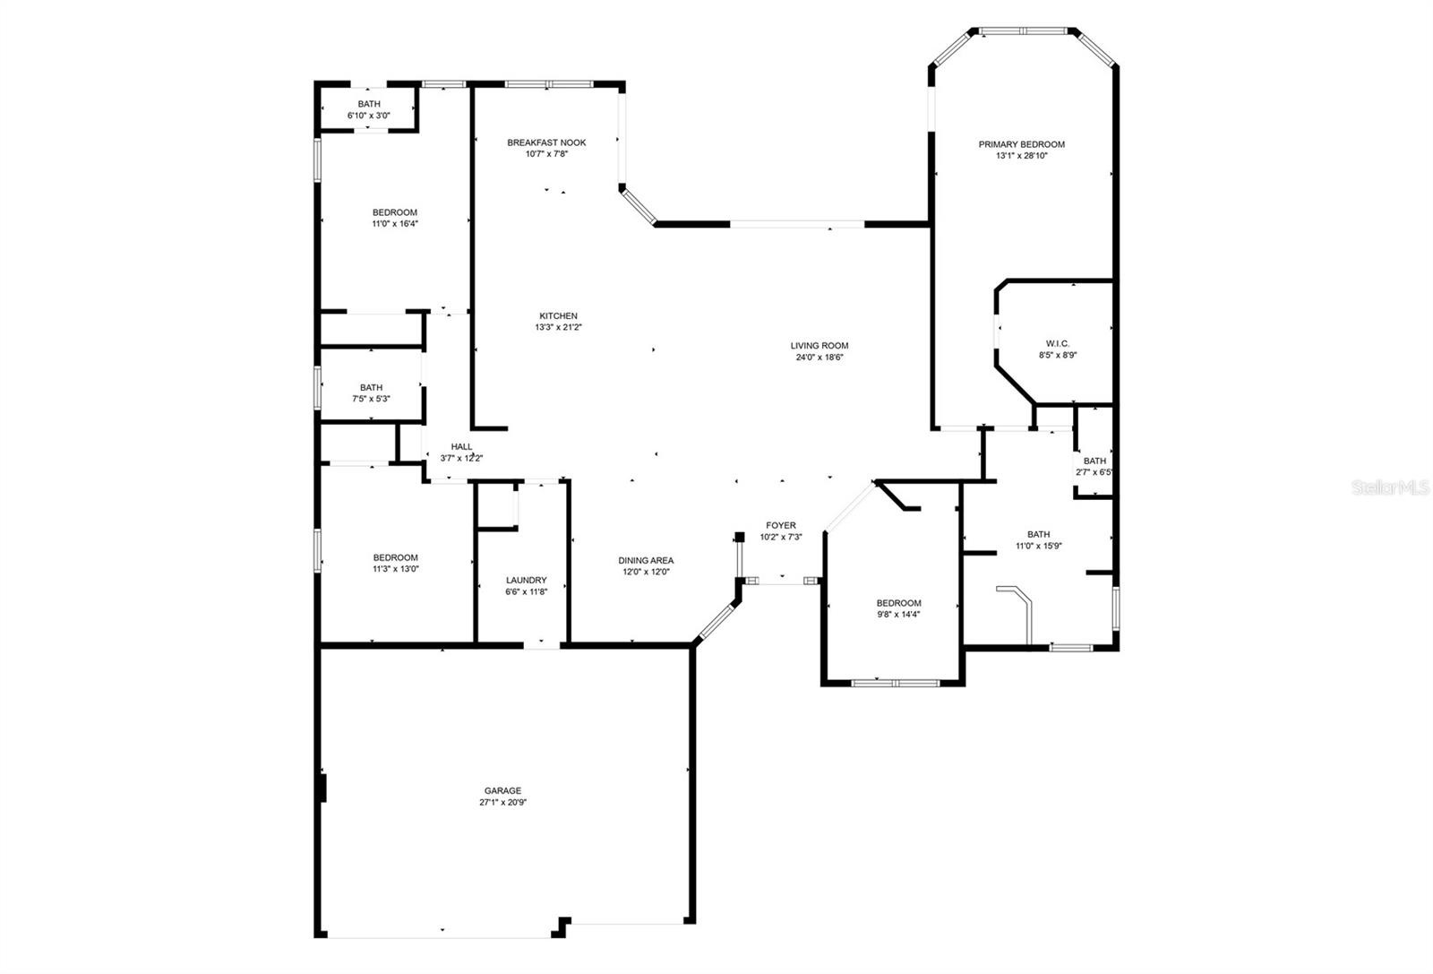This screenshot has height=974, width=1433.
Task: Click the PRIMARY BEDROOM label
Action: tap(1022, 144)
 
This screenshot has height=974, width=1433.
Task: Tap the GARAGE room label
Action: tap(502, 791)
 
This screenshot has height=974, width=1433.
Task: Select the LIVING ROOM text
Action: tap(819, 346)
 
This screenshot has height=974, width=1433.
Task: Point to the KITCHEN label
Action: tap(559, 316)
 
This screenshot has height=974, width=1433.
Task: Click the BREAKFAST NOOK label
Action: tap(546, 142)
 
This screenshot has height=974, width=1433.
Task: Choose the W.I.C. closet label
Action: tap(1058, 344)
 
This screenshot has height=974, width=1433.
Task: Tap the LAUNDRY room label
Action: tap(527, 581)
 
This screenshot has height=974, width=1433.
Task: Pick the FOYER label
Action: tap(781, 525)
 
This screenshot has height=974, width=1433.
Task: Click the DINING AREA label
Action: tap(646, 561)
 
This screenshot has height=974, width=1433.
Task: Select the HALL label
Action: tap(462, 447)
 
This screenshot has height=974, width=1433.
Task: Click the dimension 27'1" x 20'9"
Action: tap(502, 803)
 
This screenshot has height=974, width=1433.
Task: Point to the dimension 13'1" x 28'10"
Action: tap(1022, 156)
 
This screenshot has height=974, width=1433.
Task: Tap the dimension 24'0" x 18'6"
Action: tap(819, 358)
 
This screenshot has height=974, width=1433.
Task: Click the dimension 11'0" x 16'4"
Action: tap(395, 224)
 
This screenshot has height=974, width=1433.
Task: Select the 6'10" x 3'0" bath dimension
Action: tap(369, 116)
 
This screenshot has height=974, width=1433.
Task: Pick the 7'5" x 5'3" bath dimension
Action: tap(371, 399)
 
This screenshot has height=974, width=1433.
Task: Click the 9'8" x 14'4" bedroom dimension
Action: tap(899, 615)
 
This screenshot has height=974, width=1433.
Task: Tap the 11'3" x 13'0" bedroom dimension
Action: tap(396, 569)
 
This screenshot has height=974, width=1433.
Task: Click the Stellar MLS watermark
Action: tap(1389, 487)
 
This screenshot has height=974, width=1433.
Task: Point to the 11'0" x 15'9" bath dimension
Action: tap(1039, 546)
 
